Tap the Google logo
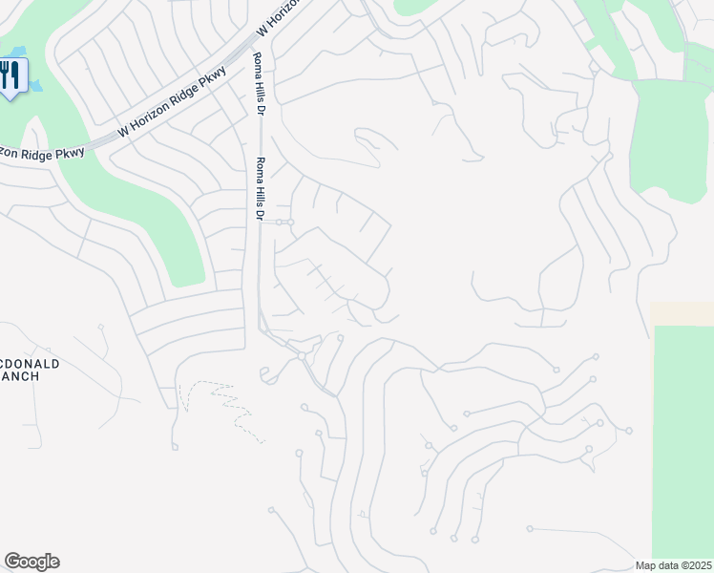[31, 562]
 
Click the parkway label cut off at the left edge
[42, 150]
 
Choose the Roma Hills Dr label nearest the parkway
[258, 84]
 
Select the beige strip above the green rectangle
[682, 313]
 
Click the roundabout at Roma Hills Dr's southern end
[301, 356]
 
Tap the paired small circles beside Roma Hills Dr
[285, 223]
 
